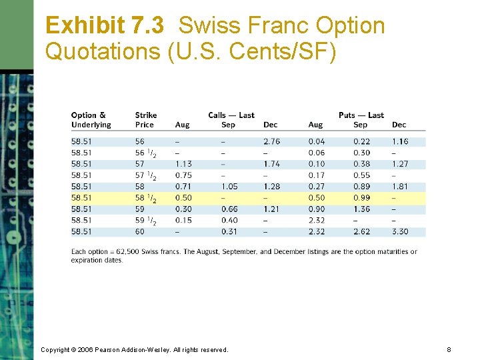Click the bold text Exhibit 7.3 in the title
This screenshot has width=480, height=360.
[105, 26]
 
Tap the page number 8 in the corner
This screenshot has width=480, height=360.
[449, 349]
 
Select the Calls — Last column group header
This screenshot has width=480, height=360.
[231, 115]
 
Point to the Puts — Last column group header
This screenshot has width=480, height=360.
[361, 115]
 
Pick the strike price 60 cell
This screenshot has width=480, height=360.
[139, 231]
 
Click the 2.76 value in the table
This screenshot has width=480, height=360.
[271, 141]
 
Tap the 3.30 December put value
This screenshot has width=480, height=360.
[400, 231]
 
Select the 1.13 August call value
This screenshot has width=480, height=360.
[183, 164]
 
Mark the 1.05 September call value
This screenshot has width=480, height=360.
[229, 187]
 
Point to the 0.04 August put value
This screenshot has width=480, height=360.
[317, 141]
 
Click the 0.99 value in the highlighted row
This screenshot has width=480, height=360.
[361, 198]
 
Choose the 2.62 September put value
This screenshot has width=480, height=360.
[361, 231]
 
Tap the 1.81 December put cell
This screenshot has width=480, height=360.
[400, 187]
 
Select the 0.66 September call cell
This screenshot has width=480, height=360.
[229, 209]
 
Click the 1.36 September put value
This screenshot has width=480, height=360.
[361, 209]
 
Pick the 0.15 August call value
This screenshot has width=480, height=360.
[183, 221]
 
